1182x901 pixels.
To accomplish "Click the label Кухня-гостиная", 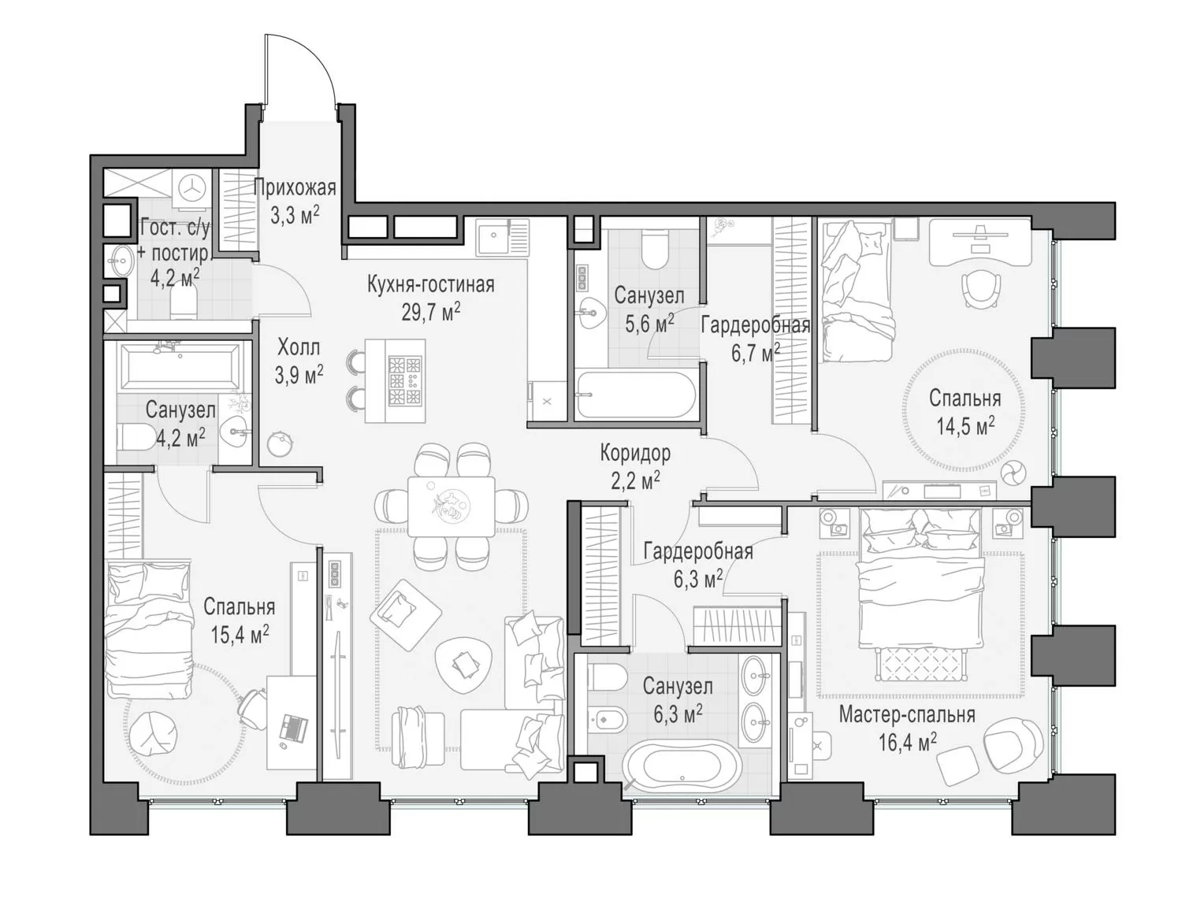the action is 430,284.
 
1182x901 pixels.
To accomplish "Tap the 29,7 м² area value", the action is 430,311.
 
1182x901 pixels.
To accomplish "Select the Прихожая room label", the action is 294,188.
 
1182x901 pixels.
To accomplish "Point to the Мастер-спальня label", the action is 907,714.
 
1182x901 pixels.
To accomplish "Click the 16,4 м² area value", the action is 907,742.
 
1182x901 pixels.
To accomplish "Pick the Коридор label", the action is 635,453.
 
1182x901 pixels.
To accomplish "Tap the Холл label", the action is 299,347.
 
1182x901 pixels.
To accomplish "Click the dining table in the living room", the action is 451,506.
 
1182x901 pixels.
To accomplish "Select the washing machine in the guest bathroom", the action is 191,189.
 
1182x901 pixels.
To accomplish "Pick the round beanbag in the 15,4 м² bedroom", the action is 155,733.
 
